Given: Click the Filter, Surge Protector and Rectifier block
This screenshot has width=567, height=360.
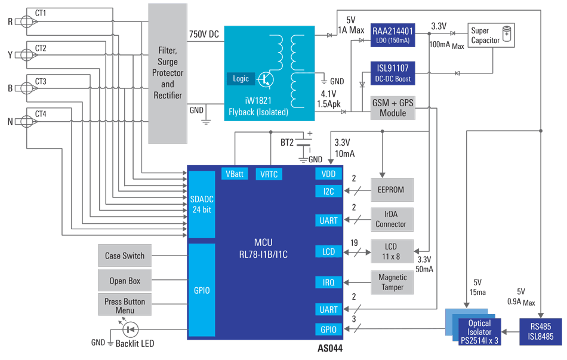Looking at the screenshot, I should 167,73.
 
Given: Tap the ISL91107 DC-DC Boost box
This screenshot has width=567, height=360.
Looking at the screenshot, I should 393,72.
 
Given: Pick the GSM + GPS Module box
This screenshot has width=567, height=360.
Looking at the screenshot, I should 393,108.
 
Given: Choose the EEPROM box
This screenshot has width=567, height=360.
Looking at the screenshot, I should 391,190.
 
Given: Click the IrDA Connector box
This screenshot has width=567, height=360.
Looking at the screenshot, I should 391,219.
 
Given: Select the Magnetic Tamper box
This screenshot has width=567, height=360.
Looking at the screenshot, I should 392,282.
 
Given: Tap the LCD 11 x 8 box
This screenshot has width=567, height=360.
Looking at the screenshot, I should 391,251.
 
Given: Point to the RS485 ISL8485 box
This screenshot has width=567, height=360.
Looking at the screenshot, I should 540,331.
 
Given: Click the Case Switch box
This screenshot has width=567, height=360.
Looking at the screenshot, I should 125,256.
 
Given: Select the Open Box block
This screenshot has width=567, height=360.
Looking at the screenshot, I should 125,281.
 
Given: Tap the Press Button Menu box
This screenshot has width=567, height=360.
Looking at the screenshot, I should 125,306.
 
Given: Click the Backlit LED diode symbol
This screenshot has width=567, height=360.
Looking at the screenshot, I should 130,329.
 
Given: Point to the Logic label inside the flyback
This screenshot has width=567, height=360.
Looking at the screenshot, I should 241,79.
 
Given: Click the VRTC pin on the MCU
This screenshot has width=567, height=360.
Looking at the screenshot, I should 269,174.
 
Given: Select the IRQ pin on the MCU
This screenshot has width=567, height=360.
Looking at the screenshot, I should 329,282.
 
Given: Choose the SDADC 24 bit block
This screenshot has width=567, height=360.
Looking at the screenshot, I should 201,204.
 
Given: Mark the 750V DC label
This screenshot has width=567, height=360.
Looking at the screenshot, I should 204,35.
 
